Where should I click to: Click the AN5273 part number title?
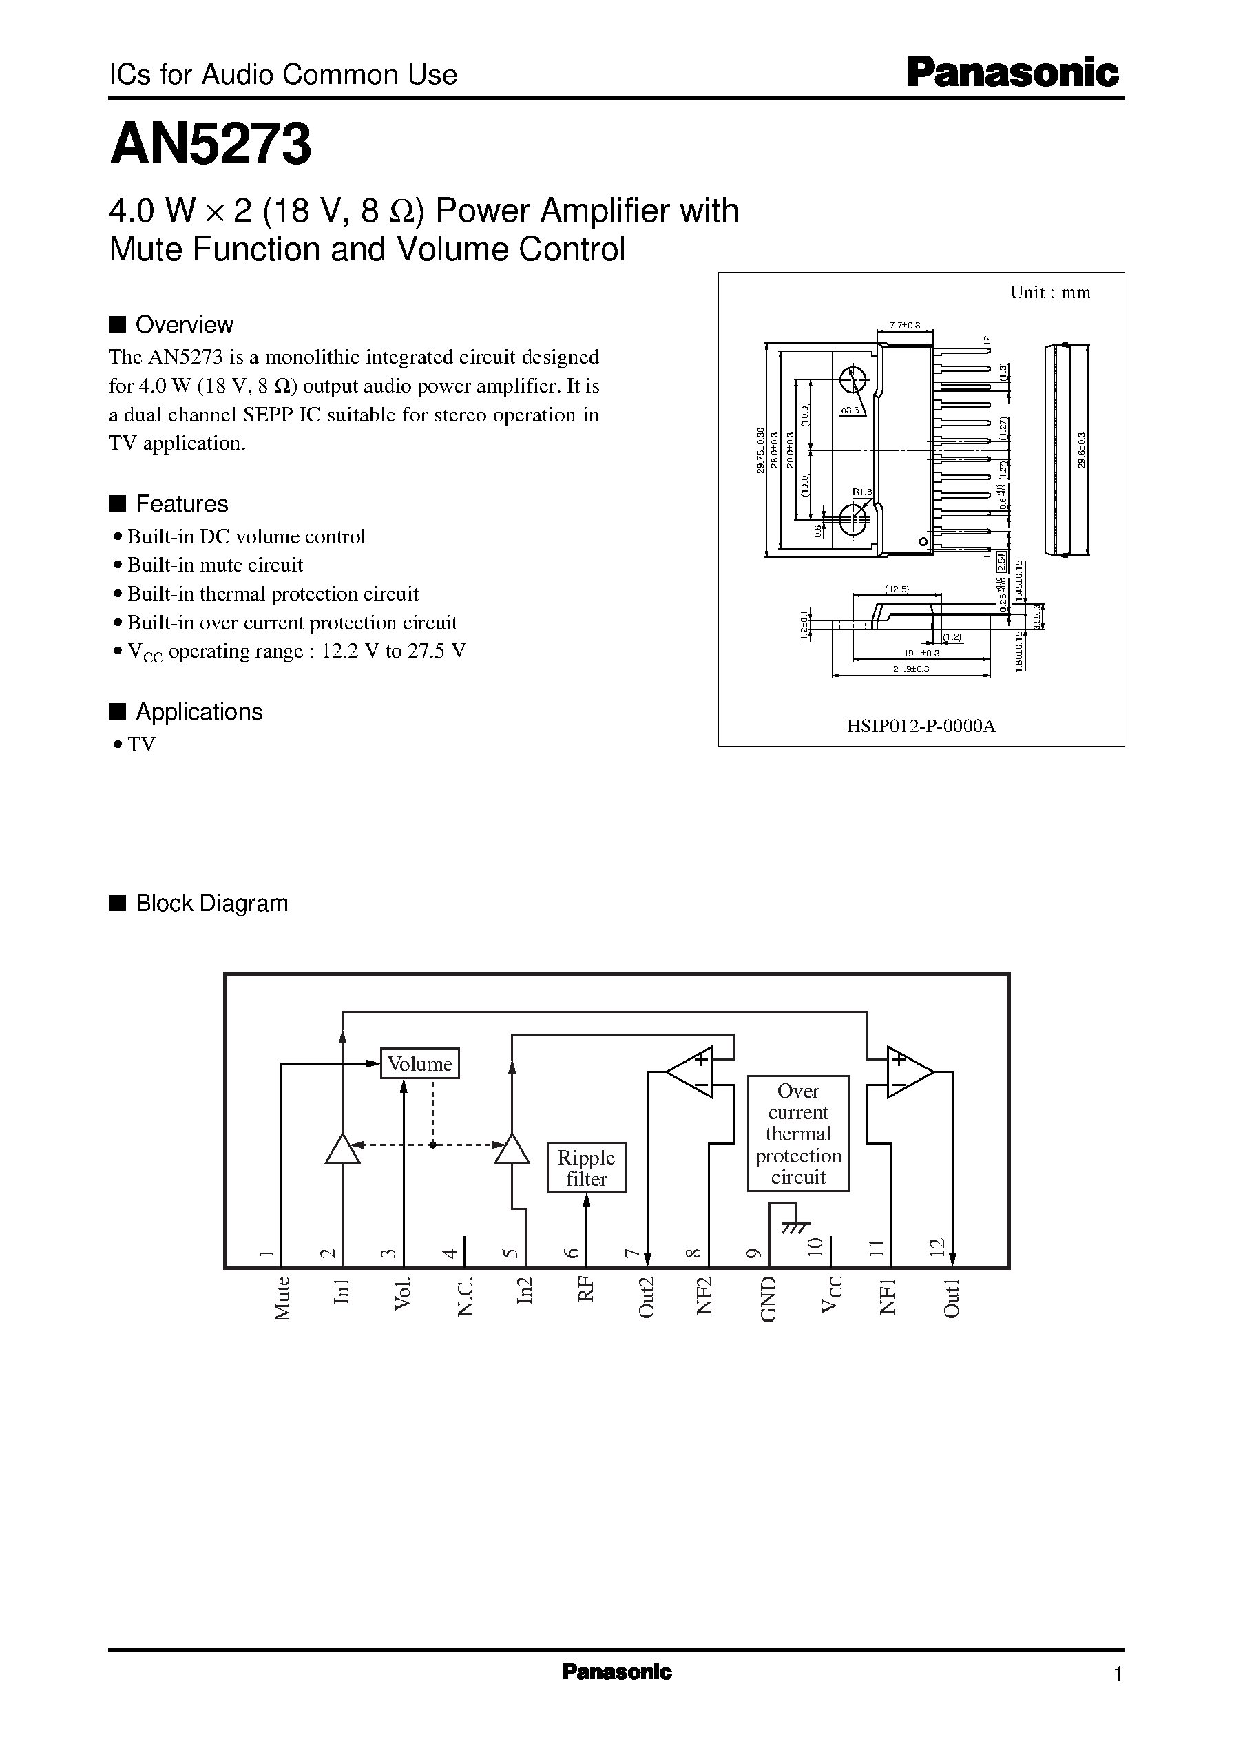click(x=211, y=145)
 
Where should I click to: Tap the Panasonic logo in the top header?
click(x=1012, y=74)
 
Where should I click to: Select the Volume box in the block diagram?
click(x=419, y=1063)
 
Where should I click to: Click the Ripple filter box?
click(x=586, y=1168)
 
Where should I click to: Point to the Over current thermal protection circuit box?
click(x=798, y=1134)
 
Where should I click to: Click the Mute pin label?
click(x=282, y=1299)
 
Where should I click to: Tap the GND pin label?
click(x=768, y=1299)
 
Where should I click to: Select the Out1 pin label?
click(x=952, y=1297)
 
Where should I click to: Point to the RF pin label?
click(x=586, y=1290)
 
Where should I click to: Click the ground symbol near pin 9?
click(x=795, y=1223)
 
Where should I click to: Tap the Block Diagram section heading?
click(x=211, y=904)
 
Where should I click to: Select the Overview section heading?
click(x=184, y=325)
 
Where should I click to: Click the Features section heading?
click(x=182, y=503)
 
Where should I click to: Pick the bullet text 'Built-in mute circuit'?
click(x=215, y=565)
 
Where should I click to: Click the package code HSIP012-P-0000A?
click(x=921, y=726)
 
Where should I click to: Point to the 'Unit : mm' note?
click(x=1050, y=293)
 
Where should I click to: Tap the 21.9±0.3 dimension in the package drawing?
click(x=911, y=669)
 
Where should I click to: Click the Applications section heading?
click(x=199, y=712)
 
